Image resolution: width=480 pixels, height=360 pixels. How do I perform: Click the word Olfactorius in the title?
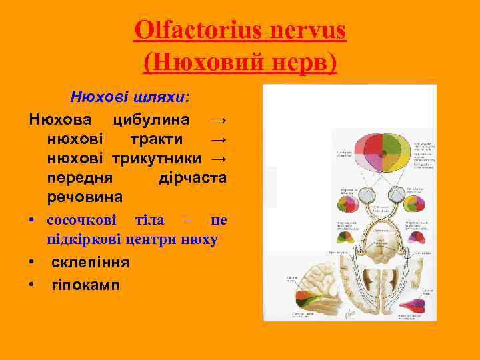[191, 30]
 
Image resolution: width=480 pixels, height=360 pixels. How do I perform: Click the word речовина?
[85, 197]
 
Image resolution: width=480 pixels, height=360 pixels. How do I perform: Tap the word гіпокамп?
[85, 285]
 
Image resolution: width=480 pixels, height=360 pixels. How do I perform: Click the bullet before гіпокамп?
[32, 285]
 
